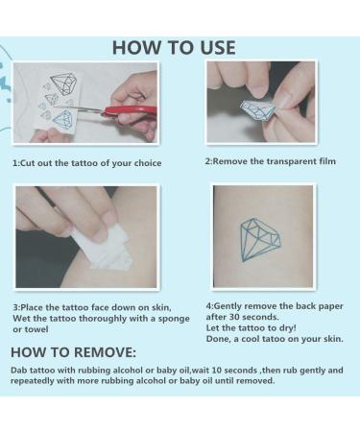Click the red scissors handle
(135, 113)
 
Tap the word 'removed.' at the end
(253, 380)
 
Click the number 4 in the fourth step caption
(208, 304)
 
